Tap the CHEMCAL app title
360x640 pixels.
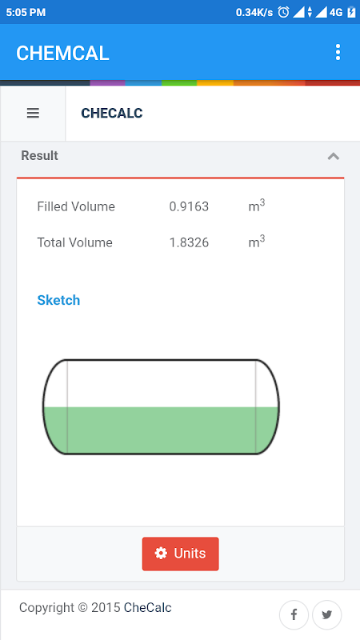[62, 54]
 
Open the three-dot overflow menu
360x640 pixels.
[338, 53]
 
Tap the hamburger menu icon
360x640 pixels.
[33, 113]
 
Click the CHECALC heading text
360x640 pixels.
[112, 113]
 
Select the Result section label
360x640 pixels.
[39, 155]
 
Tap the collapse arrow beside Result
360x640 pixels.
[334, 156]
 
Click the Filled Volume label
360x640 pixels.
[76, 206]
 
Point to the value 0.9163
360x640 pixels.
[189, 206]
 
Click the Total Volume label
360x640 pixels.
[74, 242]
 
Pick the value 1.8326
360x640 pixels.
[189, 242]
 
